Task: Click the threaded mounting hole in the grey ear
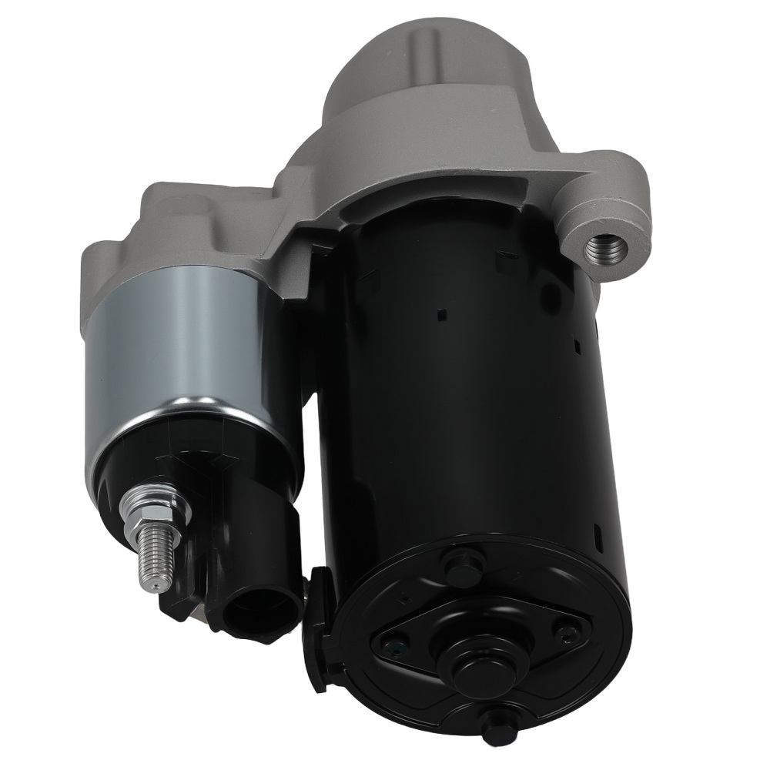605,249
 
